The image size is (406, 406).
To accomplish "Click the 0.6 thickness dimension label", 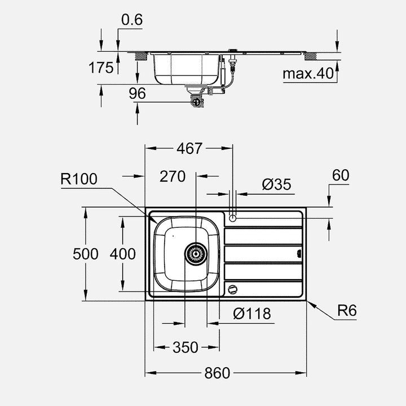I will [x=132, y=20].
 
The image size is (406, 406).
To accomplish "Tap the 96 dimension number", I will [x=137, y=94].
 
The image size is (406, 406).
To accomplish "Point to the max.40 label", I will [x=307, y=74].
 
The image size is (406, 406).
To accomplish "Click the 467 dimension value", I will [x=189, y=148].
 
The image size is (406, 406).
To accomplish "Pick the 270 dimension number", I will [x=172, y=176].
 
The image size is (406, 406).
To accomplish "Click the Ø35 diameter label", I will [x=276, y=184].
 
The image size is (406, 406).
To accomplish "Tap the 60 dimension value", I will [x=341, y=175].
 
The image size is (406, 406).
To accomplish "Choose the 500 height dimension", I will [x=86, y=254].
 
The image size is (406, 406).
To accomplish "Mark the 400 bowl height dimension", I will [x=123, y=254].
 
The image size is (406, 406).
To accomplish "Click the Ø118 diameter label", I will [x=251, y=313].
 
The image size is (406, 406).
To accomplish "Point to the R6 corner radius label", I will [x=347, y=310].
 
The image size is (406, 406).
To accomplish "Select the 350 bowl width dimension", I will [x=186, y=347].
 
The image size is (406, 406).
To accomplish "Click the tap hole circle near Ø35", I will [x=233, y=217].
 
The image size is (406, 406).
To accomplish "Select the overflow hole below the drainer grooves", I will [x=233, y=289].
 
